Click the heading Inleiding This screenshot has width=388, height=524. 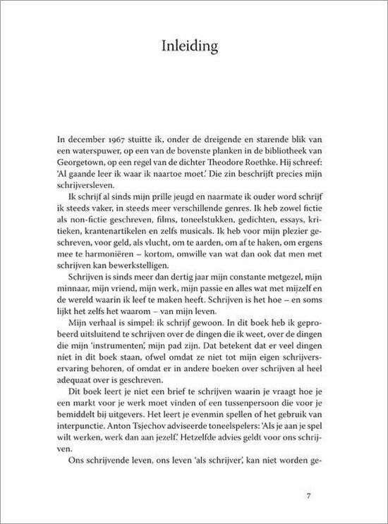pyautogui.click(x=193, y=47)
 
